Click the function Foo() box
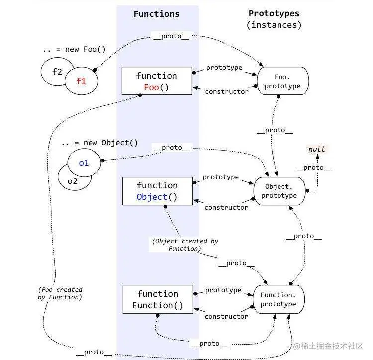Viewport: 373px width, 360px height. (157, 81)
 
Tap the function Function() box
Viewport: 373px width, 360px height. (157, 299)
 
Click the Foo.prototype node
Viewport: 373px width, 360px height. (282, 81)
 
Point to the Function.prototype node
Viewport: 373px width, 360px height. (278, 299)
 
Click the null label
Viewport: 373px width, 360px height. (316, 149)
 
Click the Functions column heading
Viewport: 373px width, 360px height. (156, 14)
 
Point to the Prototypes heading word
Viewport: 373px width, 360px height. (274, 13)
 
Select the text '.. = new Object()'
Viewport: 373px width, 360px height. (99, 143)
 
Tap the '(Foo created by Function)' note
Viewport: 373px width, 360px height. (60, 293)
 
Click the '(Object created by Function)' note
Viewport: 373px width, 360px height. (185, 245)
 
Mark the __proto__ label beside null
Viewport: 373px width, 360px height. (313, 168)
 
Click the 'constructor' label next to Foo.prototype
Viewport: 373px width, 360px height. (227, 91)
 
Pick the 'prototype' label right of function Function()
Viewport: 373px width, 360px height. (223, 290)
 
